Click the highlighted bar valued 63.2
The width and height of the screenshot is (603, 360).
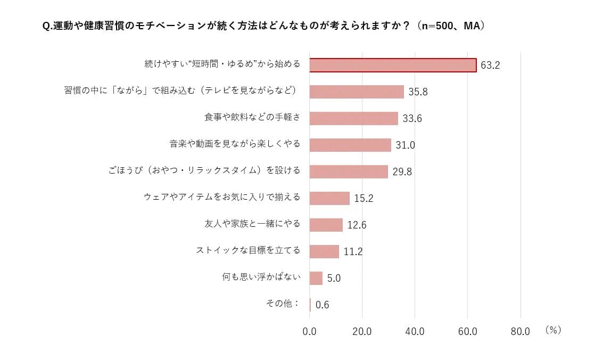click(393, 65)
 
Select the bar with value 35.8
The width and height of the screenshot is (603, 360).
click(357, 92)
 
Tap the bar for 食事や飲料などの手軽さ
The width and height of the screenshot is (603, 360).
click(353, 118)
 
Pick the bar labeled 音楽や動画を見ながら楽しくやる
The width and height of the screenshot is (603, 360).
click(350, 145)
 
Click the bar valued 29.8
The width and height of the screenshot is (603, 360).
click(349, 171)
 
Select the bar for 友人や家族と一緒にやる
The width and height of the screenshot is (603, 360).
click(326, 225)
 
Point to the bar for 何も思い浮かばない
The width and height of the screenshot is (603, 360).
click(316, 278)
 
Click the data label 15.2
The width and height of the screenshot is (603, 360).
click(364, 199)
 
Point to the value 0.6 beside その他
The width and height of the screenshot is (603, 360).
click(322, 305)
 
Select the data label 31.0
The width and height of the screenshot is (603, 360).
click(405, 145)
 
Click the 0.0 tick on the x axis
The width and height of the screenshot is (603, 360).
click(309, 331)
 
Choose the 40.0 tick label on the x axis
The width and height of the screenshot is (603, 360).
click(415, 331)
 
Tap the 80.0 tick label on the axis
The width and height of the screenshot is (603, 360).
click(520, 331)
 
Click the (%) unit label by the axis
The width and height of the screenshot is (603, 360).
click(553, 330)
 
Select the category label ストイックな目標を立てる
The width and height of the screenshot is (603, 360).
click(248, 250)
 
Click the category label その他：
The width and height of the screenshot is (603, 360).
click(283, 303)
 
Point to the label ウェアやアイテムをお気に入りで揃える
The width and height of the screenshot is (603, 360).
click(222, 197)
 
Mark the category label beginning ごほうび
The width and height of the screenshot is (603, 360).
click(204, 170)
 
